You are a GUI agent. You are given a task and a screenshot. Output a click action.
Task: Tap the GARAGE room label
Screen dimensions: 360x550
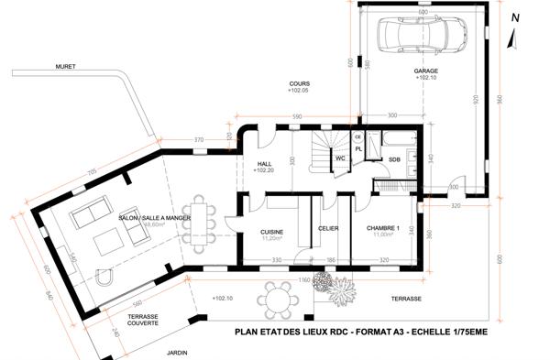(x=426, y=70)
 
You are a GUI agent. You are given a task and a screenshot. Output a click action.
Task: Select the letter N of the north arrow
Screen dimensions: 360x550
(x=516, y=17)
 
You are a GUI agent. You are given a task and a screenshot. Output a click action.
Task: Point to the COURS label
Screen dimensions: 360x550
(x=299, y=83)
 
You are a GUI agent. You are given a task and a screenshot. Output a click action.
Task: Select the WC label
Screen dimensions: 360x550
(x=339, y=158)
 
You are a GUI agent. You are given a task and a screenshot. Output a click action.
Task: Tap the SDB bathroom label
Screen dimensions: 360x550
(x=394, y=159)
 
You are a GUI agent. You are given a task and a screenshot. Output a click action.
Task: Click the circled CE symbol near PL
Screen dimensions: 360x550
(x=358, y=136)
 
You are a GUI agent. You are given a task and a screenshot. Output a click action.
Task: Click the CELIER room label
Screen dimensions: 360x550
(x=329, y=228)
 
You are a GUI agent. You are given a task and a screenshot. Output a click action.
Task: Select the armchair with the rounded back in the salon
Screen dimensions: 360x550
(x=103, y=278)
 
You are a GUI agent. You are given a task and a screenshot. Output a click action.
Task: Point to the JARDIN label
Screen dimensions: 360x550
(x=177, y=352)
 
